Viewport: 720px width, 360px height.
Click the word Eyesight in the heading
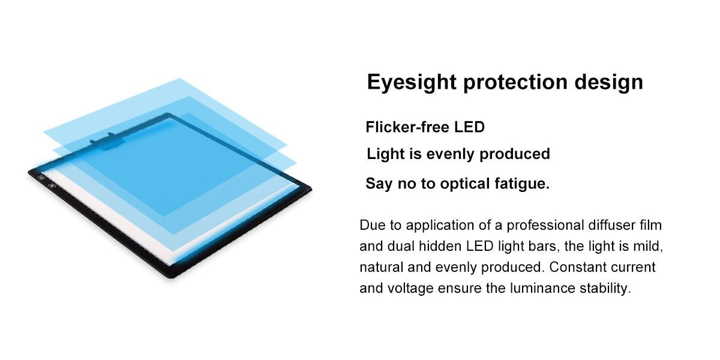click(412, 82)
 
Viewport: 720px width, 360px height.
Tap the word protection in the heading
click(515, 82)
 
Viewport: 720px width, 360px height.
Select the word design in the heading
click(609, 82)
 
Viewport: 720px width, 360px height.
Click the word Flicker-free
click(407, 127)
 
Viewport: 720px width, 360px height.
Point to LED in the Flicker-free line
click(469, 127)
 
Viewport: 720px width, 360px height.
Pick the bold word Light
click(385, 154)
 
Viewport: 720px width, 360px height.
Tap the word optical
click(464, 184)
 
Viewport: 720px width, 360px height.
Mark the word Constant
click(572, 267)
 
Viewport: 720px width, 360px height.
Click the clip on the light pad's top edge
click(107, 141)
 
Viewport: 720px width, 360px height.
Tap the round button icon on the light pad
click(52, 185)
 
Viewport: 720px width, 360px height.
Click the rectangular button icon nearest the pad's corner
click(41, 177)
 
